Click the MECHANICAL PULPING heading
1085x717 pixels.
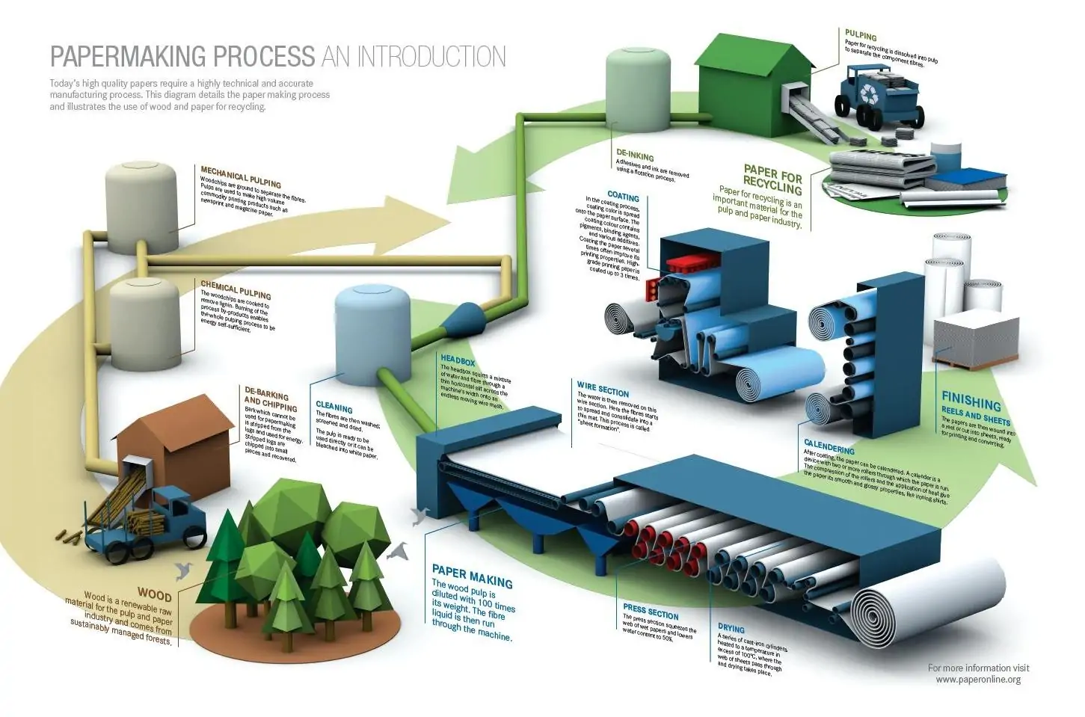[241, 176]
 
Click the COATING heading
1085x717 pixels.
[624, 197]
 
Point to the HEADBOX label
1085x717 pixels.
[458, 362]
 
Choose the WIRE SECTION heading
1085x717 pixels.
[603, 390]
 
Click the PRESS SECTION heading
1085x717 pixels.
[651, 612]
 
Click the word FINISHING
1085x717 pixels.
[971, 401]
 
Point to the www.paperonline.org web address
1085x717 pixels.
[977, 680]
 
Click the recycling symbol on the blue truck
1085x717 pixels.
[872, 93]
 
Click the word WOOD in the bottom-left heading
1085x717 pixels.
[154, 596]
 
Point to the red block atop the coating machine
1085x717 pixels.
[689, 263]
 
